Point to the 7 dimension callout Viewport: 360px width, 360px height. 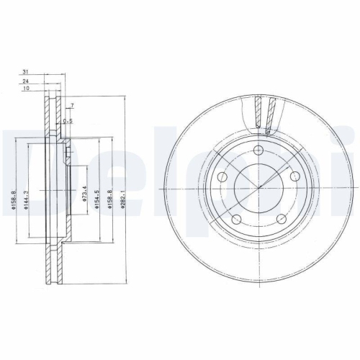tap(73, 107)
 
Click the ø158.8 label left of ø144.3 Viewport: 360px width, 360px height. tap(14, 196)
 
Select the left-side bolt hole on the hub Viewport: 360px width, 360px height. tap(224, 176)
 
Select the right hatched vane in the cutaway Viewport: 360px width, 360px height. tap(271, 115)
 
